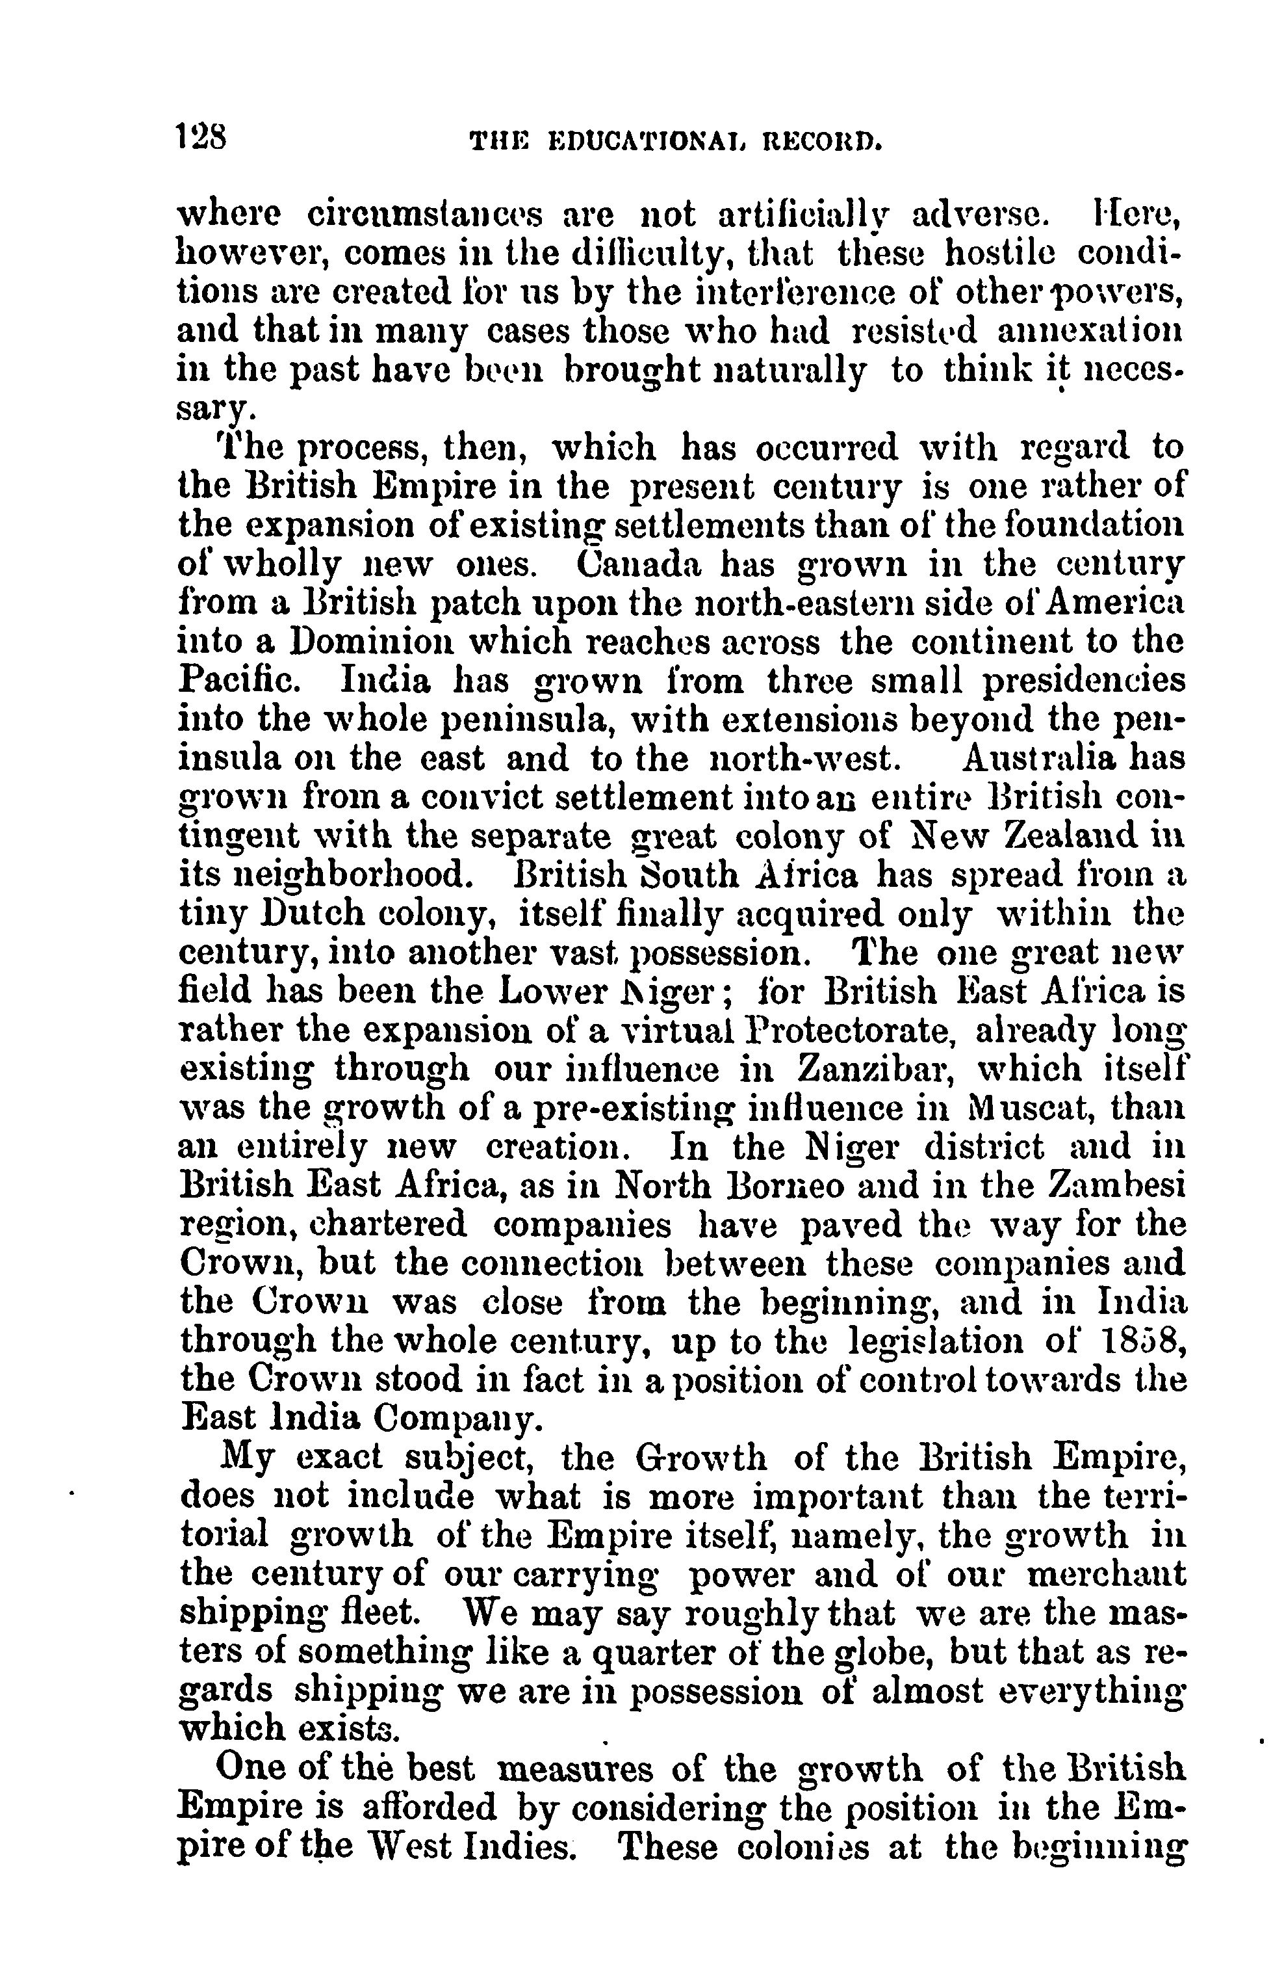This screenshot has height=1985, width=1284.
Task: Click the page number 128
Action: pyautogui.click(x=203, y=136)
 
